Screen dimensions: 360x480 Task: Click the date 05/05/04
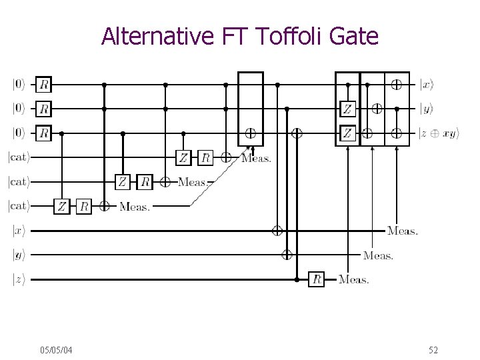(57, 350)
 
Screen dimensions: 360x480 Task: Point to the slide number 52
(433, 350)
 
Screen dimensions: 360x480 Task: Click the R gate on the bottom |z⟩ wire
(317, 279)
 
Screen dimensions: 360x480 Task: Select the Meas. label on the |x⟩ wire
(403, 231)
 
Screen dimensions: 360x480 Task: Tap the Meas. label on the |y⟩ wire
(378, 255)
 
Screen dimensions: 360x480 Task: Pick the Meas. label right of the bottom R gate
(353, 279)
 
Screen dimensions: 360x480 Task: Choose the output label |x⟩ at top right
(427, 85)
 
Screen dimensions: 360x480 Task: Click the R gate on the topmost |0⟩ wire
(44, 85)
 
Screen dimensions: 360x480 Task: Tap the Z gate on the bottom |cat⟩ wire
(62, 206)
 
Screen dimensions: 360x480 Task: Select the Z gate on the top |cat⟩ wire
(183, 157)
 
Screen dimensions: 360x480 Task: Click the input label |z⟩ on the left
(18, 279)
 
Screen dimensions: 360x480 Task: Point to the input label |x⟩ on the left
(18, 231)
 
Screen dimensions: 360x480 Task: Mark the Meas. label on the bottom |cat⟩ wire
(135, 207)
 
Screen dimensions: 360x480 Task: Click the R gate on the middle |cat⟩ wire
(145, 182)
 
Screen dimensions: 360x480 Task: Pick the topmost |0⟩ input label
(18, 85)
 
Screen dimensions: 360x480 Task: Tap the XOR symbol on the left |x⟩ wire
(277, 231)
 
